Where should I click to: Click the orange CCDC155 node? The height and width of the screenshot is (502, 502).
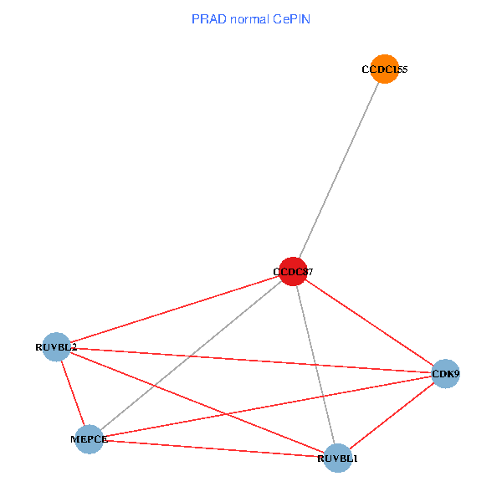click(x=384, y=69)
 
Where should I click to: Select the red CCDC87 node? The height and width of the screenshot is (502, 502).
click(x=292, y=271)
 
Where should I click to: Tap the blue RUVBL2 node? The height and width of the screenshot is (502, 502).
click(x=56, y=346)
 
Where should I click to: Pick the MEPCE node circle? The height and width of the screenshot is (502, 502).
click(x=89, y=438)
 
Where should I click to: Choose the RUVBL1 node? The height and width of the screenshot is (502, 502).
click(x=337, y=458)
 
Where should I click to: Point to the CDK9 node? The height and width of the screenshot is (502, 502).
click(x=445, y=373)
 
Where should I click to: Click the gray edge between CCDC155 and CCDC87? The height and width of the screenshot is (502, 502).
click(x=338, y=170)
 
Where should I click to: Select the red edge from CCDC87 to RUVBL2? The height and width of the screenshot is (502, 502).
click(x=174, y=309)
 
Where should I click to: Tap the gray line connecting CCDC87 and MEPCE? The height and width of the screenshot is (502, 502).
click(x=191, y=355)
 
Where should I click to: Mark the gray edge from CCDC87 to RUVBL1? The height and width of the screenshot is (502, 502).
click(x=315, y=364)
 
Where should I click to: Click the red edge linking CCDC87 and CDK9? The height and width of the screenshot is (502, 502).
click(x=368, y=322)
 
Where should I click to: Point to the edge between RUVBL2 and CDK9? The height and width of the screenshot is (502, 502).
click(x=251, y=360)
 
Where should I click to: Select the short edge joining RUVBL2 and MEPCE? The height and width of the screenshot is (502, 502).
click(x=72, y=392)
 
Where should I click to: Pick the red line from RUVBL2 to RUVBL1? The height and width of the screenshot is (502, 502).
click(x=197, y=402)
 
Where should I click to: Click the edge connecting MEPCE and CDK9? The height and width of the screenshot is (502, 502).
click(x=267, y=406)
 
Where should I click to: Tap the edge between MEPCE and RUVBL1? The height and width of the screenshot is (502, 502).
click(x=213, y=448)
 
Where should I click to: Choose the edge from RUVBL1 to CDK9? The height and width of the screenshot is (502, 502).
click(x=391, y=416)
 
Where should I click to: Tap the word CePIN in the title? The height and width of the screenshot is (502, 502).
click(x=292, y=18)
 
